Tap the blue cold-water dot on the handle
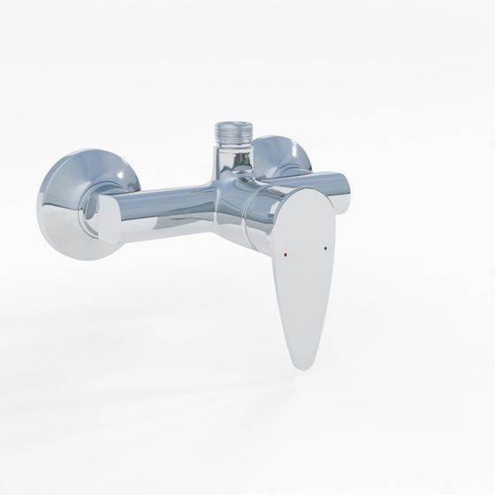[x=330, y=250]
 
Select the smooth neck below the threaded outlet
[x=231, y=164]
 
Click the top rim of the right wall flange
[x=287, y=138]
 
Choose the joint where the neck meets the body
[x=228, y=181]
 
